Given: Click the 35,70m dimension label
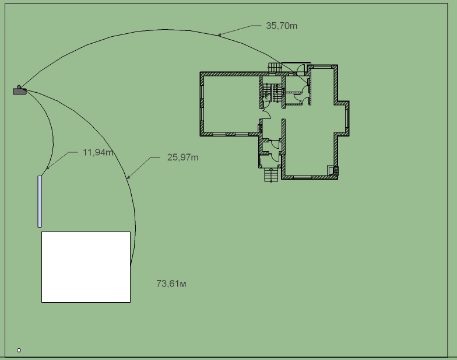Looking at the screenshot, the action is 282,26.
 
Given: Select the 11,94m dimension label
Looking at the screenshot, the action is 98,152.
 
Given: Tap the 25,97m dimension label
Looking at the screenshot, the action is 183,158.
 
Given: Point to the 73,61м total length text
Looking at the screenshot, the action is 171,284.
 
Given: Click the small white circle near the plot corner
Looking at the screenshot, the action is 19,350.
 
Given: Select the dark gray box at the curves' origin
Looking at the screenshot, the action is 20,92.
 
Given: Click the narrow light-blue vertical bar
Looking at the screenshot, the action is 40,201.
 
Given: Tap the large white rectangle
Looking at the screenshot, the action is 86,267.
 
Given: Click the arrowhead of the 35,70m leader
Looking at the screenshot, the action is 219,35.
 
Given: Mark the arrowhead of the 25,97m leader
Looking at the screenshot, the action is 128,177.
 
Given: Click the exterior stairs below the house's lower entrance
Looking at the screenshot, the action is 271,175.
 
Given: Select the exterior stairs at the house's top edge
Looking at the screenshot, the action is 275,68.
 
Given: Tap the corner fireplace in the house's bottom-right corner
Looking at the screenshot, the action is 333,170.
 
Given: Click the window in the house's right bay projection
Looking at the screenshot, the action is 347,118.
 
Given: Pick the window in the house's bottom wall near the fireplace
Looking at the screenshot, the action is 303,177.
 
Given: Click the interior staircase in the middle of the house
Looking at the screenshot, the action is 273,93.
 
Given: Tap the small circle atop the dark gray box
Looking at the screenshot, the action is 19,87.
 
